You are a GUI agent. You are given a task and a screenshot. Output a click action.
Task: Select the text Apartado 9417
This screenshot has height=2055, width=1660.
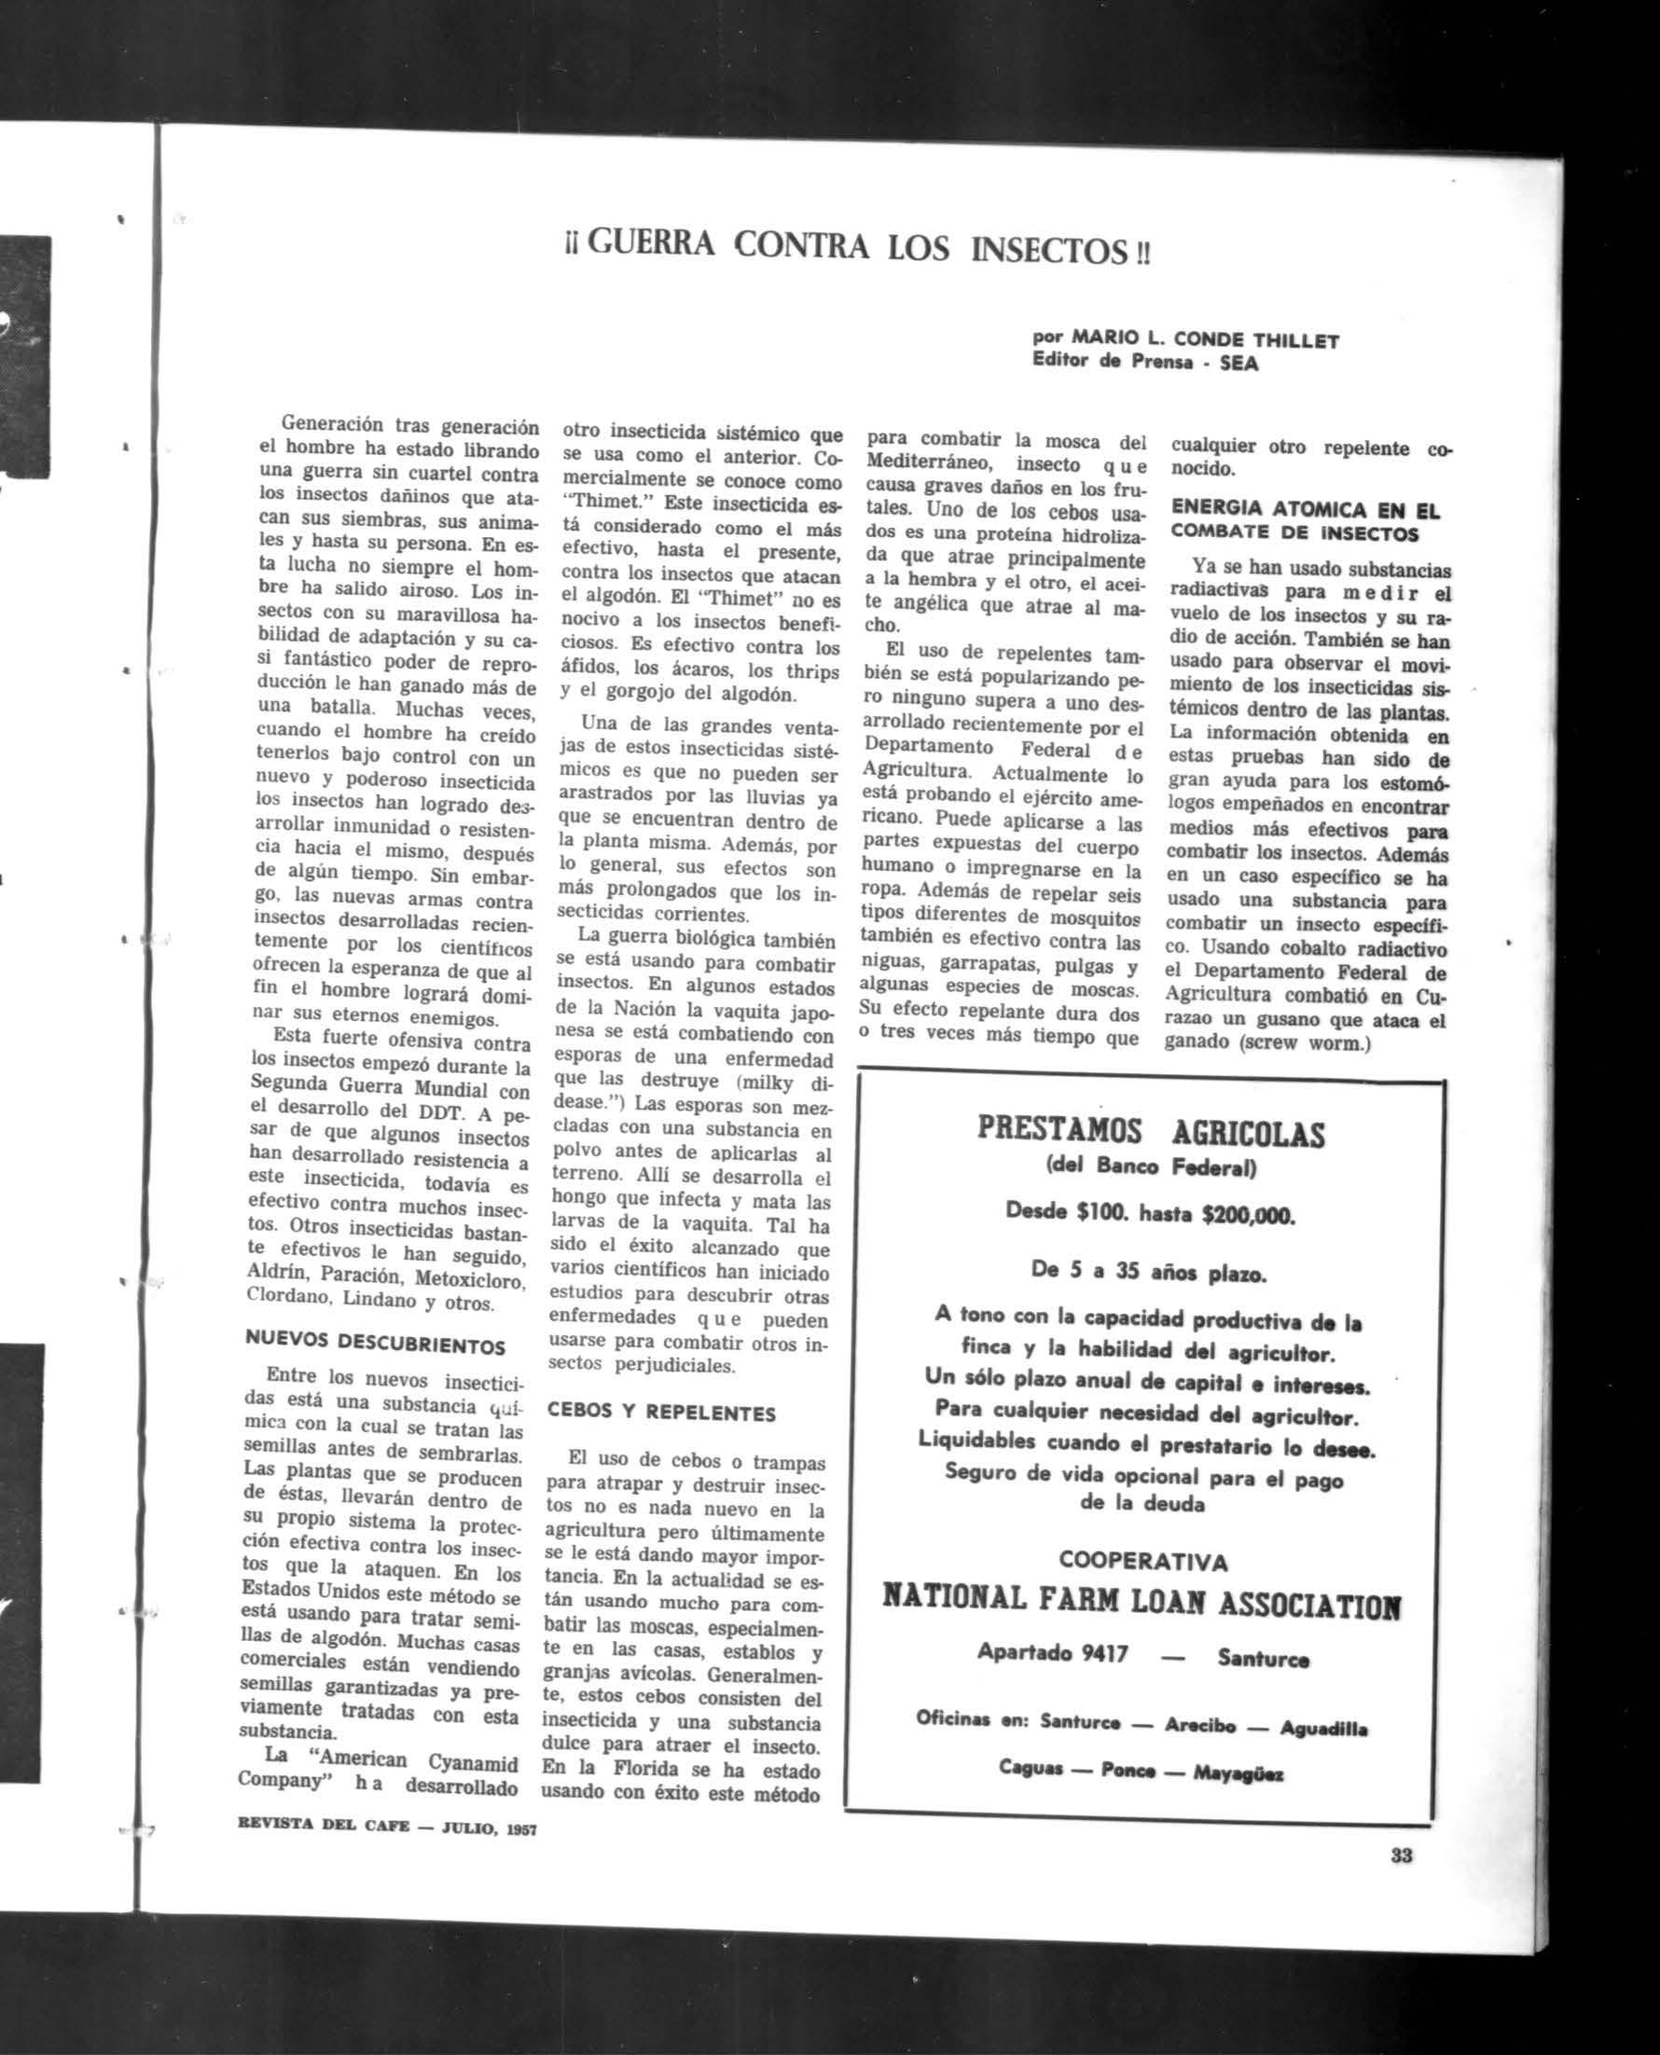click(1053, 1652)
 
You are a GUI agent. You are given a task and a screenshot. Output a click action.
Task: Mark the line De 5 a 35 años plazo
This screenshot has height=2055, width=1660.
click(1149, 1273)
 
